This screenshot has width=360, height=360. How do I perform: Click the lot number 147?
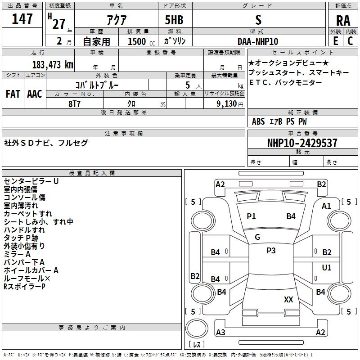(22, 19)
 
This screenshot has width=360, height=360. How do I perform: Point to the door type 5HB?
(175, 20)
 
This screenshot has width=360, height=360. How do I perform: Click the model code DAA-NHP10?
(258, 41)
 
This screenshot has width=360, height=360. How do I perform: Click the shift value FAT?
(13, 94)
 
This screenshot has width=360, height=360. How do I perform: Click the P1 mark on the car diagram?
(251, 216)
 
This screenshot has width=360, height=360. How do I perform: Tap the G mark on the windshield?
(257, 237)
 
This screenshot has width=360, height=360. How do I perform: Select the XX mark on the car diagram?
(288, 299)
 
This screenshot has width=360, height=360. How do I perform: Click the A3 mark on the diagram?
(220, 333)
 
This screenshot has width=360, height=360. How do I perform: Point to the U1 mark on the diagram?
(327, 268)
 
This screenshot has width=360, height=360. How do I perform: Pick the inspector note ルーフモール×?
(27, 279)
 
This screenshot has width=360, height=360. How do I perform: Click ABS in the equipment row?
(258, 121)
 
